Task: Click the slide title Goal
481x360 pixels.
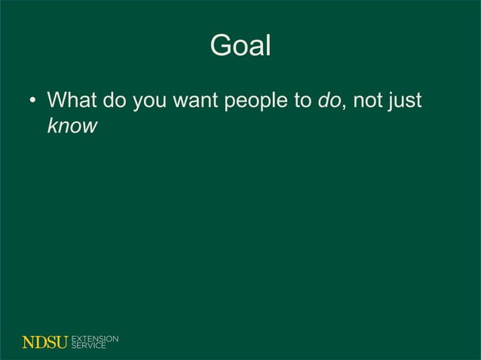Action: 240,47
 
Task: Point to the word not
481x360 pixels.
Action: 368,100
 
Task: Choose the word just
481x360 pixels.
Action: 406,100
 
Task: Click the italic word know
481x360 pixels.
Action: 72,125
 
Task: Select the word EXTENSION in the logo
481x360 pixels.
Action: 95,338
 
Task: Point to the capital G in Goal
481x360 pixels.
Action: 220,47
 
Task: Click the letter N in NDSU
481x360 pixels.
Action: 28,342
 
